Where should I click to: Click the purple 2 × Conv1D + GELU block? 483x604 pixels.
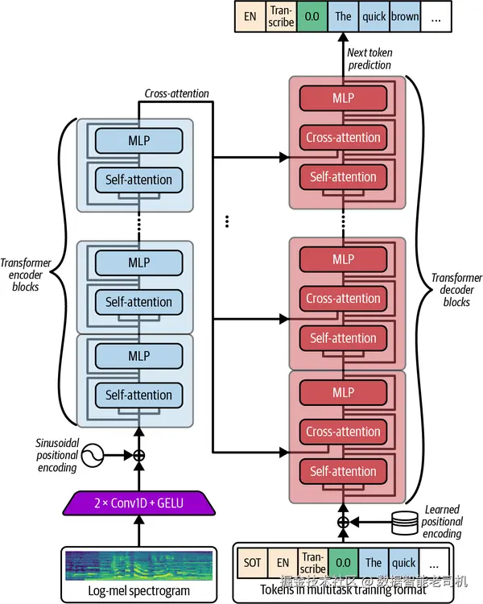138,504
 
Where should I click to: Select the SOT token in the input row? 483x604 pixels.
252,562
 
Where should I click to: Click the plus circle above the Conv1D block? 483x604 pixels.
138,455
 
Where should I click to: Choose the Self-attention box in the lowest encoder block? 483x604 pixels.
138,395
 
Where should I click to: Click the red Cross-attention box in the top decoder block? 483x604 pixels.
344,138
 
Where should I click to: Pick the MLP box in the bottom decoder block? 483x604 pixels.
344,393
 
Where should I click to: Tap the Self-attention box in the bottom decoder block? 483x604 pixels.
344,471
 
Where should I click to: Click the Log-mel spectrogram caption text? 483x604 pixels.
138,590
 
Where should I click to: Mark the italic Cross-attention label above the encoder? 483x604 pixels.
176,93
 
